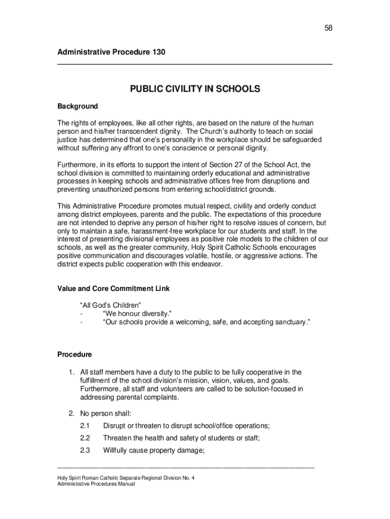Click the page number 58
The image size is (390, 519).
click(328, 28)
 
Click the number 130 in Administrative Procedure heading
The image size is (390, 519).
click(158, 52)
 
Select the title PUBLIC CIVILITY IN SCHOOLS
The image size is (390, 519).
click(195, 89)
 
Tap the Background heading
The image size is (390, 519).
click(77, 106)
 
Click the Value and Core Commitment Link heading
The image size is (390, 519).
click(113, 289)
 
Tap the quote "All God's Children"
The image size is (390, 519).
click(110, 305)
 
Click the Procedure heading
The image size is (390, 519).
click(74, 354)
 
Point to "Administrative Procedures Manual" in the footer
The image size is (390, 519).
click(96, 484)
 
